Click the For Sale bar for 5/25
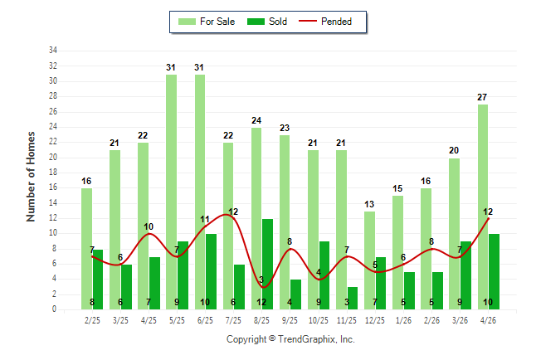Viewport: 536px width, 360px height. point(172,192)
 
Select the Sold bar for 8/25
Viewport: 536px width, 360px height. point(268,265)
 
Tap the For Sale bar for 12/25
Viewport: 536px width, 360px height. point(369,260)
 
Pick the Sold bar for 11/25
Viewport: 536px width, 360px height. point(353,299)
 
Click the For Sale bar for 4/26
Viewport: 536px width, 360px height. point(483,207)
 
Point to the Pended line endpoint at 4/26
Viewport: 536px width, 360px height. point(488,219)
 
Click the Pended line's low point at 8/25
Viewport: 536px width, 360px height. point(263,287)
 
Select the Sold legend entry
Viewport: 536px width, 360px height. point(267,22)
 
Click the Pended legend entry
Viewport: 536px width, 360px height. point(325,22)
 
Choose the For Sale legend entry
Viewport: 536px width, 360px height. point(207,22)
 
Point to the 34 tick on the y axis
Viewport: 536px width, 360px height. point(53,51)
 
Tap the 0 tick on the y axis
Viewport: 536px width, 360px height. point(54,309)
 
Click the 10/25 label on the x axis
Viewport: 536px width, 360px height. point(319,320)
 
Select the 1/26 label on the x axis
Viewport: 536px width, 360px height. point(403,320)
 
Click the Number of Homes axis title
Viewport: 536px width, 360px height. point(31,177)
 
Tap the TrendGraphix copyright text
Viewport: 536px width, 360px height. point(290,339)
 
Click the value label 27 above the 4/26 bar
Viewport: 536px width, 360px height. point(482,97)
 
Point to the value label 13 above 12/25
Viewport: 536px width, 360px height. point(369,204)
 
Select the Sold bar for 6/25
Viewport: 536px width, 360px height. point(211,272)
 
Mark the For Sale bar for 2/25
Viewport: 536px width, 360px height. point(86,249)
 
